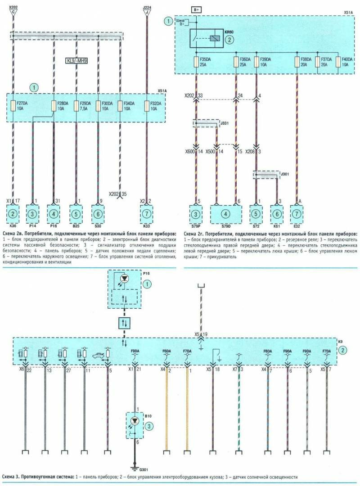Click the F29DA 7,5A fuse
[x=76, y=106]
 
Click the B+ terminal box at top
[x=196, y=9]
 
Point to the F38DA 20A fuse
[x=297, y=62]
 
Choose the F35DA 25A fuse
[x=196, y=62]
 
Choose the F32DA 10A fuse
[x=147, y=106]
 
